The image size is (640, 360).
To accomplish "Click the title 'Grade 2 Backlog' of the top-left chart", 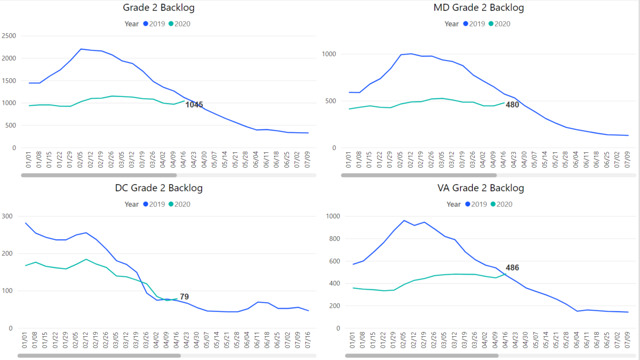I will (x=159, y=7).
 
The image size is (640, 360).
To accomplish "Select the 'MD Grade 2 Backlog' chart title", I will (x=478, y=7).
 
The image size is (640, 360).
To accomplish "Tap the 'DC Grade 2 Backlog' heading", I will (x=159, y=188).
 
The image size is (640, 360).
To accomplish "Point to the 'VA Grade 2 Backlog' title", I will (x=481, y=188).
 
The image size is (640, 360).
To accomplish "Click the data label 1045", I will (x=194, y=105).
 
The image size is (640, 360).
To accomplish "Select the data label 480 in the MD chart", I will (x=512, y=105).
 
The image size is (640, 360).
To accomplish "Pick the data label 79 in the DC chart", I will (x=184, y=297).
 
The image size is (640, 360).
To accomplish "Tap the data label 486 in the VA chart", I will (x=512, y=268).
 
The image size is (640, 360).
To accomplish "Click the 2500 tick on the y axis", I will (x=9, y=36).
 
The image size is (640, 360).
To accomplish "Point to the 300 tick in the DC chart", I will (x=7, y=216).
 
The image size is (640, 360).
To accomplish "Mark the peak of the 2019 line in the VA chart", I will (x=404, y=220).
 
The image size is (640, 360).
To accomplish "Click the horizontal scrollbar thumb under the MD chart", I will (x=418, y=175).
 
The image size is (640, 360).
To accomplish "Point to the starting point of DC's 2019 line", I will (x=25, y=223).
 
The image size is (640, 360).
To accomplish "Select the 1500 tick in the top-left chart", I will (x=9, y=81).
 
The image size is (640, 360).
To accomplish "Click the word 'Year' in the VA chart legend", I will (x=453, y=204).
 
